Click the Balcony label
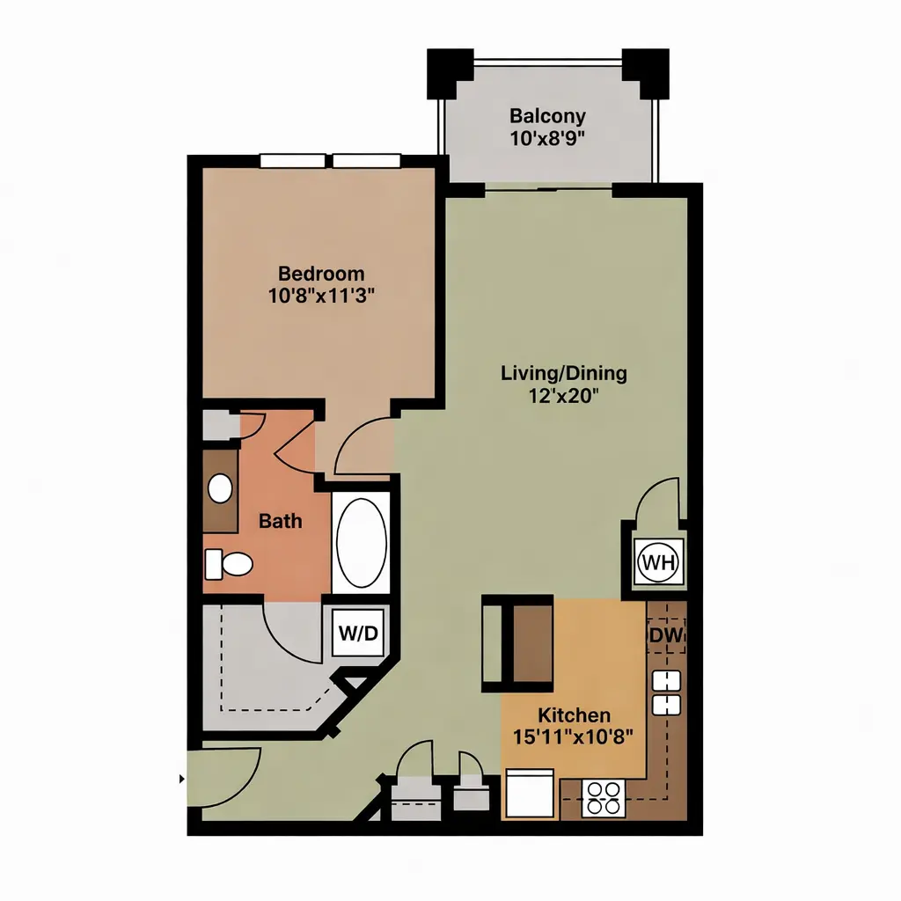pyautogui.click(x=547, y=116)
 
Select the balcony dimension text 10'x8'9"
pyautogui.click(x=547, y=138)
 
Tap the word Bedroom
pyautogui.click(x=321, y=273)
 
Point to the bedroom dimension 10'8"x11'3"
pyautogui.click(x=321, y=296)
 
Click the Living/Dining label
pyautogui.click(x=564, y=373)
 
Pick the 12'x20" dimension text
pyautogui.click(x=564, y=395)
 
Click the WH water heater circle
pyautogui.click(x=658, y=562)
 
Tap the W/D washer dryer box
pyautogui.click(x=358, y=633)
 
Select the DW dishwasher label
pyautogui.click(x=667, y=635)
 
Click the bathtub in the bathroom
pyautogui.click(x=362, y=542)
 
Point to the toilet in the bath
pyautogui.click(x=229, y=564)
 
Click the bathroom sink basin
pyautogui.click(x=220, y=489)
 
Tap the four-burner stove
pyautogui.click(x=604, y=798)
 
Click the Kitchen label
pyautogui.click(x=574, y=715)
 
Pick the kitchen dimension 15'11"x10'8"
pyautogui.click(x=573, y=736)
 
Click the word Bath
pyautogui.click(x=281, y=521)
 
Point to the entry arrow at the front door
pyautogui.click(x=182, y=780)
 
